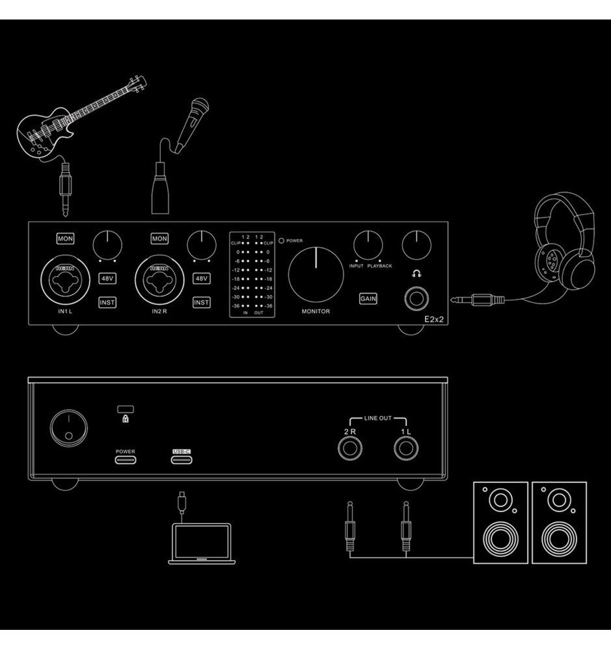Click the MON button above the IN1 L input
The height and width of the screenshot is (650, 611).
(65, 239)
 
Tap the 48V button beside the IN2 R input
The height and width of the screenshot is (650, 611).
(202, 278)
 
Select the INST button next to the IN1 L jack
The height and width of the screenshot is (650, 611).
(107, 302)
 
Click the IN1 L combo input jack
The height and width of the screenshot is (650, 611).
(64, 280)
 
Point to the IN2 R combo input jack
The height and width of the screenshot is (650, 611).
(159, 280)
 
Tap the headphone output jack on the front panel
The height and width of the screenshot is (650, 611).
(416, 298)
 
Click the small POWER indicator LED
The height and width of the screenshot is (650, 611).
(281, 240)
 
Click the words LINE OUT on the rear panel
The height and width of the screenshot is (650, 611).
(377, 418)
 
